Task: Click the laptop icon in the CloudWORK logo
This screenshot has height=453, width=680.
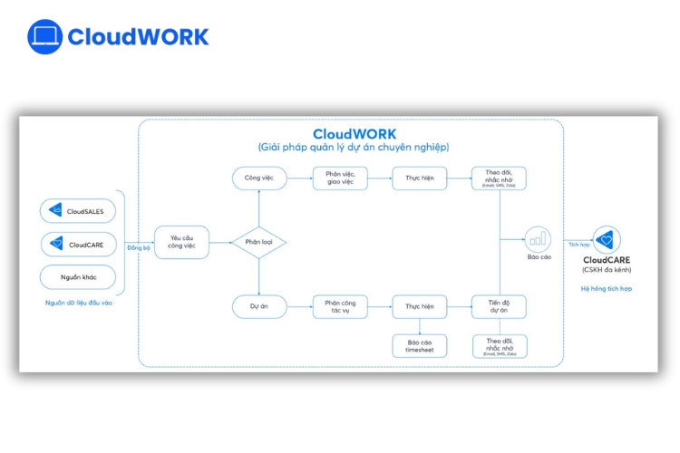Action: coord(44,36)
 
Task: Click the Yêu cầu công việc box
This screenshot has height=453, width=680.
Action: coord(181,242)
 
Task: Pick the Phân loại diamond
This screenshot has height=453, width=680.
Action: coord(258,242)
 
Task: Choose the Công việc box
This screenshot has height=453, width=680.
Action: coord(258,178)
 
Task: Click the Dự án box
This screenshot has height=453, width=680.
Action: coord(258,306)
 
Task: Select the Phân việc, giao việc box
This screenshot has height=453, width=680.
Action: coord(340,178)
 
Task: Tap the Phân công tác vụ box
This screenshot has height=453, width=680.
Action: coord(340,306)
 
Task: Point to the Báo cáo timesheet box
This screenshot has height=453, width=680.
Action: coord(419,345)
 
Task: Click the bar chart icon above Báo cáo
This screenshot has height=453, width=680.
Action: coord(539,238)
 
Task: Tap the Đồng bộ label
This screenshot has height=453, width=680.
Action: coord(138,247)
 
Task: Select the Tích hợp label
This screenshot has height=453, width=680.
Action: coord(578,245)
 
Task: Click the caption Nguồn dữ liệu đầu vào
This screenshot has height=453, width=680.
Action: coord(79,303)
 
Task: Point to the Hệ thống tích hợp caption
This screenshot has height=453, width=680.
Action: coord(607,288)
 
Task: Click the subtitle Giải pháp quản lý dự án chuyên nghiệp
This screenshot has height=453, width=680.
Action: coord(353,147)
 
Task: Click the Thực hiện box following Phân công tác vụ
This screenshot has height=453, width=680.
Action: coord(419,306)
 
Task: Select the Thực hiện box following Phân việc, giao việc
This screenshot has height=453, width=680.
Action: coord(419,178)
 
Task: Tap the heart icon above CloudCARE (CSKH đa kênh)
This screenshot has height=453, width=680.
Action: coord(607,239)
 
